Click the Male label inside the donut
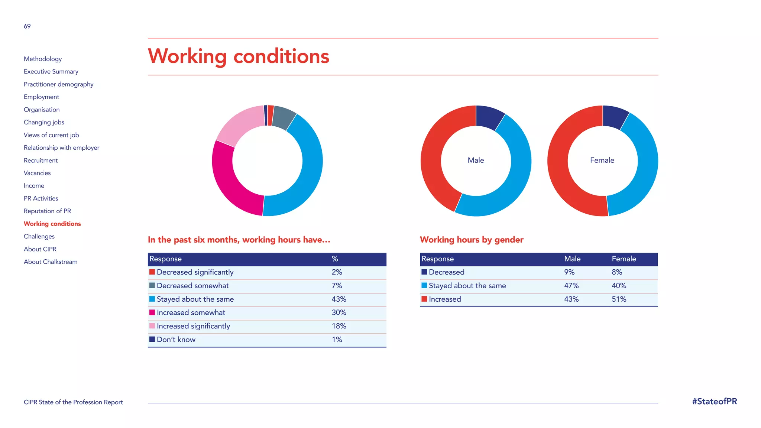coord(476,160)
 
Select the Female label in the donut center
coord(602,160)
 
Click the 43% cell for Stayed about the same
coord(339,299)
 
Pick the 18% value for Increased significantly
coord(339,326)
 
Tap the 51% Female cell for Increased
coord(619,299)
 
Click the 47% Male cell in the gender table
coord(571,286)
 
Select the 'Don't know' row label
coord(176,340)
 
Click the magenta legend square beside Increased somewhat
coord(152,312)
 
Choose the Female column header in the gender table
coord(624,259)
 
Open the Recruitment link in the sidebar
coord(41,160)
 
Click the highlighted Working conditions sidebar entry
coord(52,224)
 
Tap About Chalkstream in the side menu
coord(51,262)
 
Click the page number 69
coord(27,26)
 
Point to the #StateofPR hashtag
coord(714,402)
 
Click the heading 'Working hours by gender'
coord(471,240)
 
